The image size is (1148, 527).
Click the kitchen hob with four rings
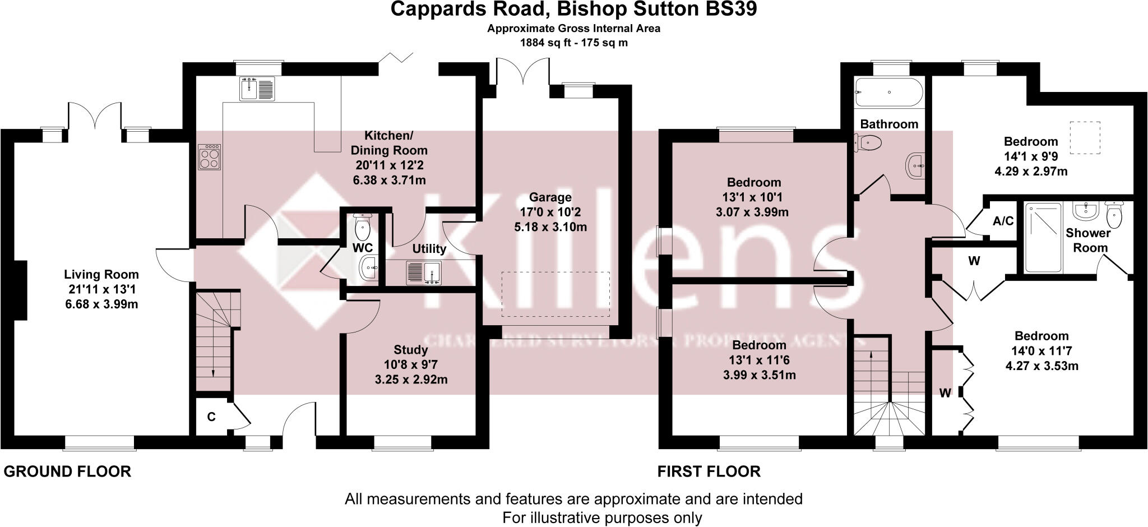coord(210,157)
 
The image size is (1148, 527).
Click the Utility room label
coord(429,249)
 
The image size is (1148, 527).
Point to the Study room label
coord(411,350)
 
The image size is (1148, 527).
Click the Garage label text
coord(550,197)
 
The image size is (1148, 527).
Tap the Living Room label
coord(101,275)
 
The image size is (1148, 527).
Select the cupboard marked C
coord(211,417)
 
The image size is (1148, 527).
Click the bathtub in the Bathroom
coord(888,93)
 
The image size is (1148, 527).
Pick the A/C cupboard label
coord(1003,221)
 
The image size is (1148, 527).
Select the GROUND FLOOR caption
coord(67,471)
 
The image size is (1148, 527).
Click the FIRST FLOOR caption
coord(709,471)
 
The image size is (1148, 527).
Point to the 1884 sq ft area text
coord(573,43)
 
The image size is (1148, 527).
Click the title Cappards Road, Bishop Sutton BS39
coord(573,10)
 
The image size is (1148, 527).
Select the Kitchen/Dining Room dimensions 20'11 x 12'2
coord(389,165)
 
